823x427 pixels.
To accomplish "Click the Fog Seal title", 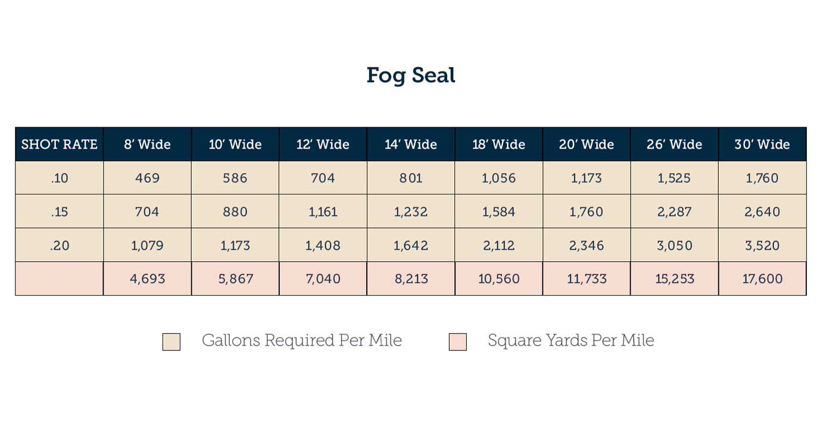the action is click(411, 75).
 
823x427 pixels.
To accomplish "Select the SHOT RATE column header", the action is click(59, 144).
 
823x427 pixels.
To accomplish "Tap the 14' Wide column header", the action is click(411, 144).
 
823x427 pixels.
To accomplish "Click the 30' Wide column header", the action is click(762, 144).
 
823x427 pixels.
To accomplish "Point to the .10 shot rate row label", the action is click(59, 178).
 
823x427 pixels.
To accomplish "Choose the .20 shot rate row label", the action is click(59, 245).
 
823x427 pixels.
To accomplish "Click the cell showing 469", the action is click(147, 178).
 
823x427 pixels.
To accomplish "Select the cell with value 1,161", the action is click(323, 212).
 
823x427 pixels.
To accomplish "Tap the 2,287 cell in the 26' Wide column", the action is click(675, 212).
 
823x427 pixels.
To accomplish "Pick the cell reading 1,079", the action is click(147, 245).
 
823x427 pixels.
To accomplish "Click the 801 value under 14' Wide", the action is click(411, 178).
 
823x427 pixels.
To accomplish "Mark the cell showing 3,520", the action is click(762, 245).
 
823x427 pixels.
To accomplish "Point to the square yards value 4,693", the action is click(147, 278).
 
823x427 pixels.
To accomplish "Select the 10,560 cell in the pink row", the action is click(499, 278).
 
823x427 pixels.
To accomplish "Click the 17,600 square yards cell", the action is click(762, 278).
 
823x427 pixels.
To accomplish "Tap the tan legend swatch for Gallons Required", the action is click(172, 341).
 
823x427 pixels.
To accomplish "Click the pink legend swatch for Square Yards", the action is click(458, 341).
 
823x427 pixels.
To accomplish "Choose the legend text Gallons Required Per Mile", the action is click(302, 341).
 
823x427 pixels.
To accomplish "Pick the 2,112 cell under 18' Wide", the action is click(499, 245).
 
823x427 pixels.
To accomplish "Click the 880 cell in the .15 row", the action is click(235, 212).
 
